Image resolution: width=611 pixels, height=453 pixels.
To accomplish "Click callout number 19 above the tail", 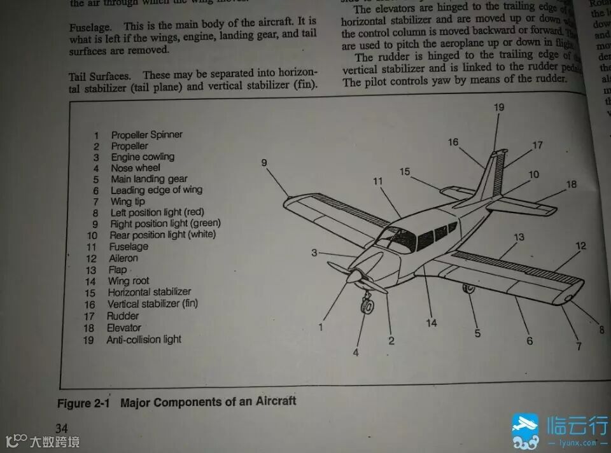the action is (499, 107).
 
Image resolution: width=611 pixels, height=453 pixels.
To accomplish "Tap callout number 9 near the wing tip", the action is (264, 163).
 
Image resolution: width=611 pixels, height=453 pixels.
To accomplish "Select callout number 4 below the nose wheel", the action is (356, 352).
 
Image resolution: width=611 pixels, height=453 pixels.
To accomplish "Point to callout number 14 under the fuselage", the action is (432, 323).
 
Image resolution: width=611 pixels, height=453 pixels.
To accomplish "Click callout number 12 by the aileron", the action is (580, 246).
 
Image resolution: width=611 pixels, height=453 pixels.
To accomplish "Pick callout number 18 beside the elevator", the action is (571, 185).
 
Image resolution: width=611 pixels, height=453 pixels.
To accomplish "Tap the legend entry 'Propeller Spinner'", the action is (146, 135).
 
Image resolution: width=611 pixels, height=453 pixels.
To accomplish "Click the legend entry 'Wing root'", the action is (129, 281).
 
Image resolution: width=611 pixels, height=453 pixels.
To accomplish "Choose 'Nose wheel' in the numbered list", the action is (136, 169).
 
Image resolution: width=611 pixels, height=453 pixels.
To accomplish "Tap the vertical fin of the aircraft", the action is (493, 175).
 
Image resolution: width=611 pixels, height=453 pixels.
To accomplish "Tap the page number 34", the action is (62, 428).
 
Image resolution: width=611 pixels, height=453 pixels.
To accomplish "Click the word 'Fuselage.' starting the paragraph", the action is (90, 27).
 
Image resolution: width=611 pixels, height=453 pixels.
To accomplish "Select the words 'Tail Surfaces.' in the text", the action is (99, 76).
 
